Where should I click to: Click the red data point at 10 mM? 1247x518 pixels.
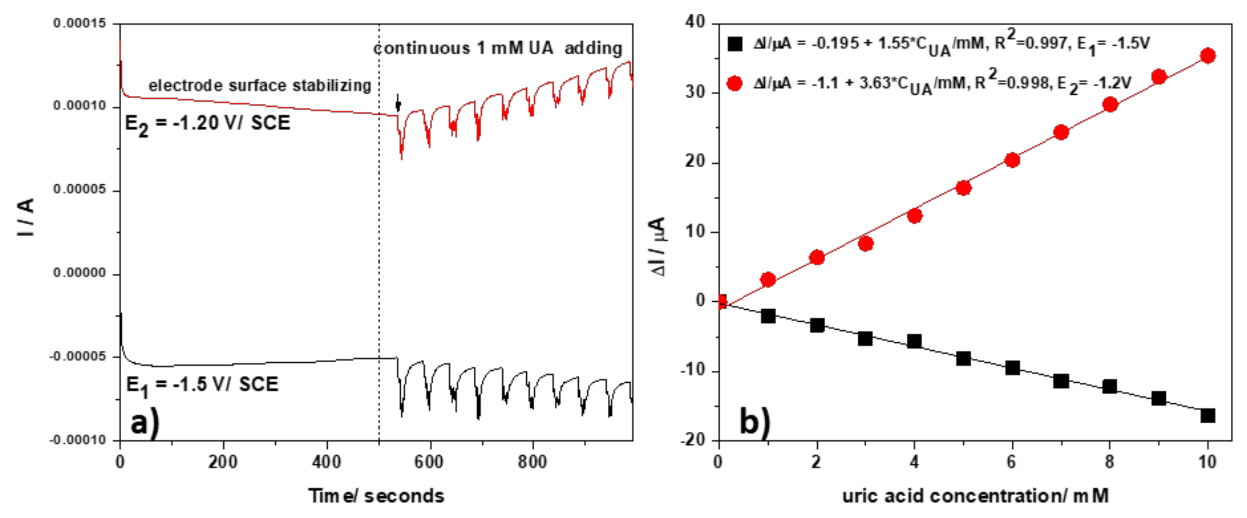point(1207,56)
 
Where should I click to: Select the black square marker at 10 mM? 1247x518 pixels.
point(1207,415)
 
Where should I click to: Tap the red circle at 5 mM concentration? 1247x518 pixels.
point(963,188)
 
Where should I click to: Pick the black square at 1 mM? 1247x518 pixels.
point(768,317)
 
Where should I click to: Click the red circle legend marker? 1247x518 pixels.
point(734,83)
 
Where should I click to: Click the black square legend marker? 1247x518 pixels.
point(734,44)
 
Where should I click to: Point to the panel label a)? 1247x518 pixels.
point(145,423)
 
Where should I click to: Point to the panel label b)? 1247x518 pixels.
point(755,422)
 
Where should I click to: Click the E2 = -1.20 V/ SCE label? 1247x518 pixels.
point(207,124)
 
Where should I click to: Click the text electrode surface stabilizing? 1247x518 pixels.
point(259,86)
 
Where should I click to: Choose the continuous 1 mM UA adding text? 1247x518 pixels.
point(498,49)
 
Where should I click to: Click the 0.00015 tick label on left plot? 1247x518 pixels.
point(79,23)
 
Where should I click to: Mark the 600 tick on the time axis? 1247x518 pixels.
point(429,462)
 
